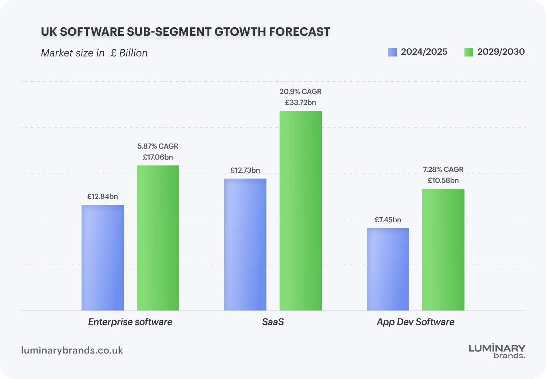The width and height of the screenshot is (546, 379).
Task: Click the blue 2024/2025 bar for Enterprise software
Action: pos(103,258)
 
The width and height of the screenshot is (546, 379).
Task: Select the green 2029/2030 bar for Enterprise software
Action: pos(158,238)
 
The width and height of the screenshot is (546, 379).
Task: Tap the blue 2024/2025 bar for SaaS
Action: pos(245,245)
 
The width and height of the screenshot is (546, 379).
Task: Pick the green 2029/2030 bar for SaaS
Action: pos(301,211)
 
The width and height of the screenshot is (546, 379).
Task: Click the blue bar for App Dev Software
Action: pos(388,269)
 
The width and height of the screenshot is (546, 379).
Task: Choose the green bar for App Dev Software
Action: pos(443,250)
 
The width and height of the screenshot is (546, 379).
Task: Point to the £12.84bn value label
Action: pos(103,196)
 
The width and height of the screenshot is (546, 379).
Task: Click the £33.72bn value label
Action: pos(301,102)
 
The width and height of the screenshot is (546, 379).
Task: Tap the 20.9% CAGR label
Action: pos(301,91)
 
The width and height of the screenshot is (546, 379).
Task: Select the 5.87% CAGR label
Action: pos(158,146)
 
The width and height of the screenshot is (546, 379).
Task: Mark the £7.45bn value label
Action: pos(388,220)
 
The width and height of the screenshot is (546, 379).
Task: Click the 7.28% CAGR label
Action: pos(443,169)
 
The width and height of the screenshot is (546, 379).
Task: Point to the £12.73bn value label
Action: pos(245,170)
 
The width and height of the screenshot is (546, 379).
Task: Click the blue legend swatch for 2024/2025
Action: pos(392,52)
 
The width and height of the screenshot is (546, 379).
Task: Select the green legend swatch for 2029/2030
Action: pos(469,52)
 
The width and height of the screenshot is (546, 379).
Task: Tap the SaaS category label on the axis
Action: pos(273,322)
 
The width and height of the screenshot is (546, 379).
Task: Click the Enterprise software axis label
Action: pos(130,322)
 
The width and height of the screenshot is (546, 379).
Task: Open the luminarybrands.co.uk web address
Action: pos(72,350)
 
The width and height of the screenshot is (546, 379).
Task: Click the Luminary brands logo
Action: pos(497,351)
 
